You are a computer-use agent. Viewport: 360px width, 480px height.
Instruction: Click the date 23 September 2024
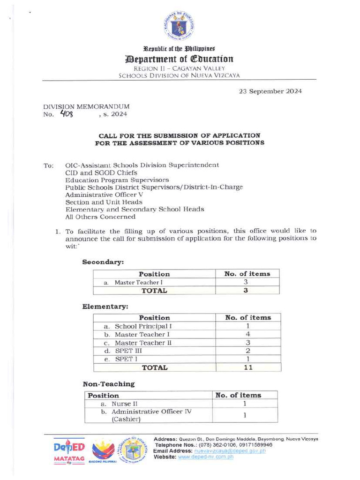(x=270, y=91)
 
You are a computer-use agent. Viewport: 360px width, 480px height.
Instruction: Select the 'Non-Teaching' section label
(x=108, y=384)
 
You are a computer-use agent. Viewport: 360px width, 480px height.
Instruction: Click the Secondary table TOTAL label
(x=154, y=291)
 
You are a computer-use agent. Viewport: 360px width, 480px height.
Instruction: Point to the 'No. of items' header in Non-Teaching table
(x=238, y=395)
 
